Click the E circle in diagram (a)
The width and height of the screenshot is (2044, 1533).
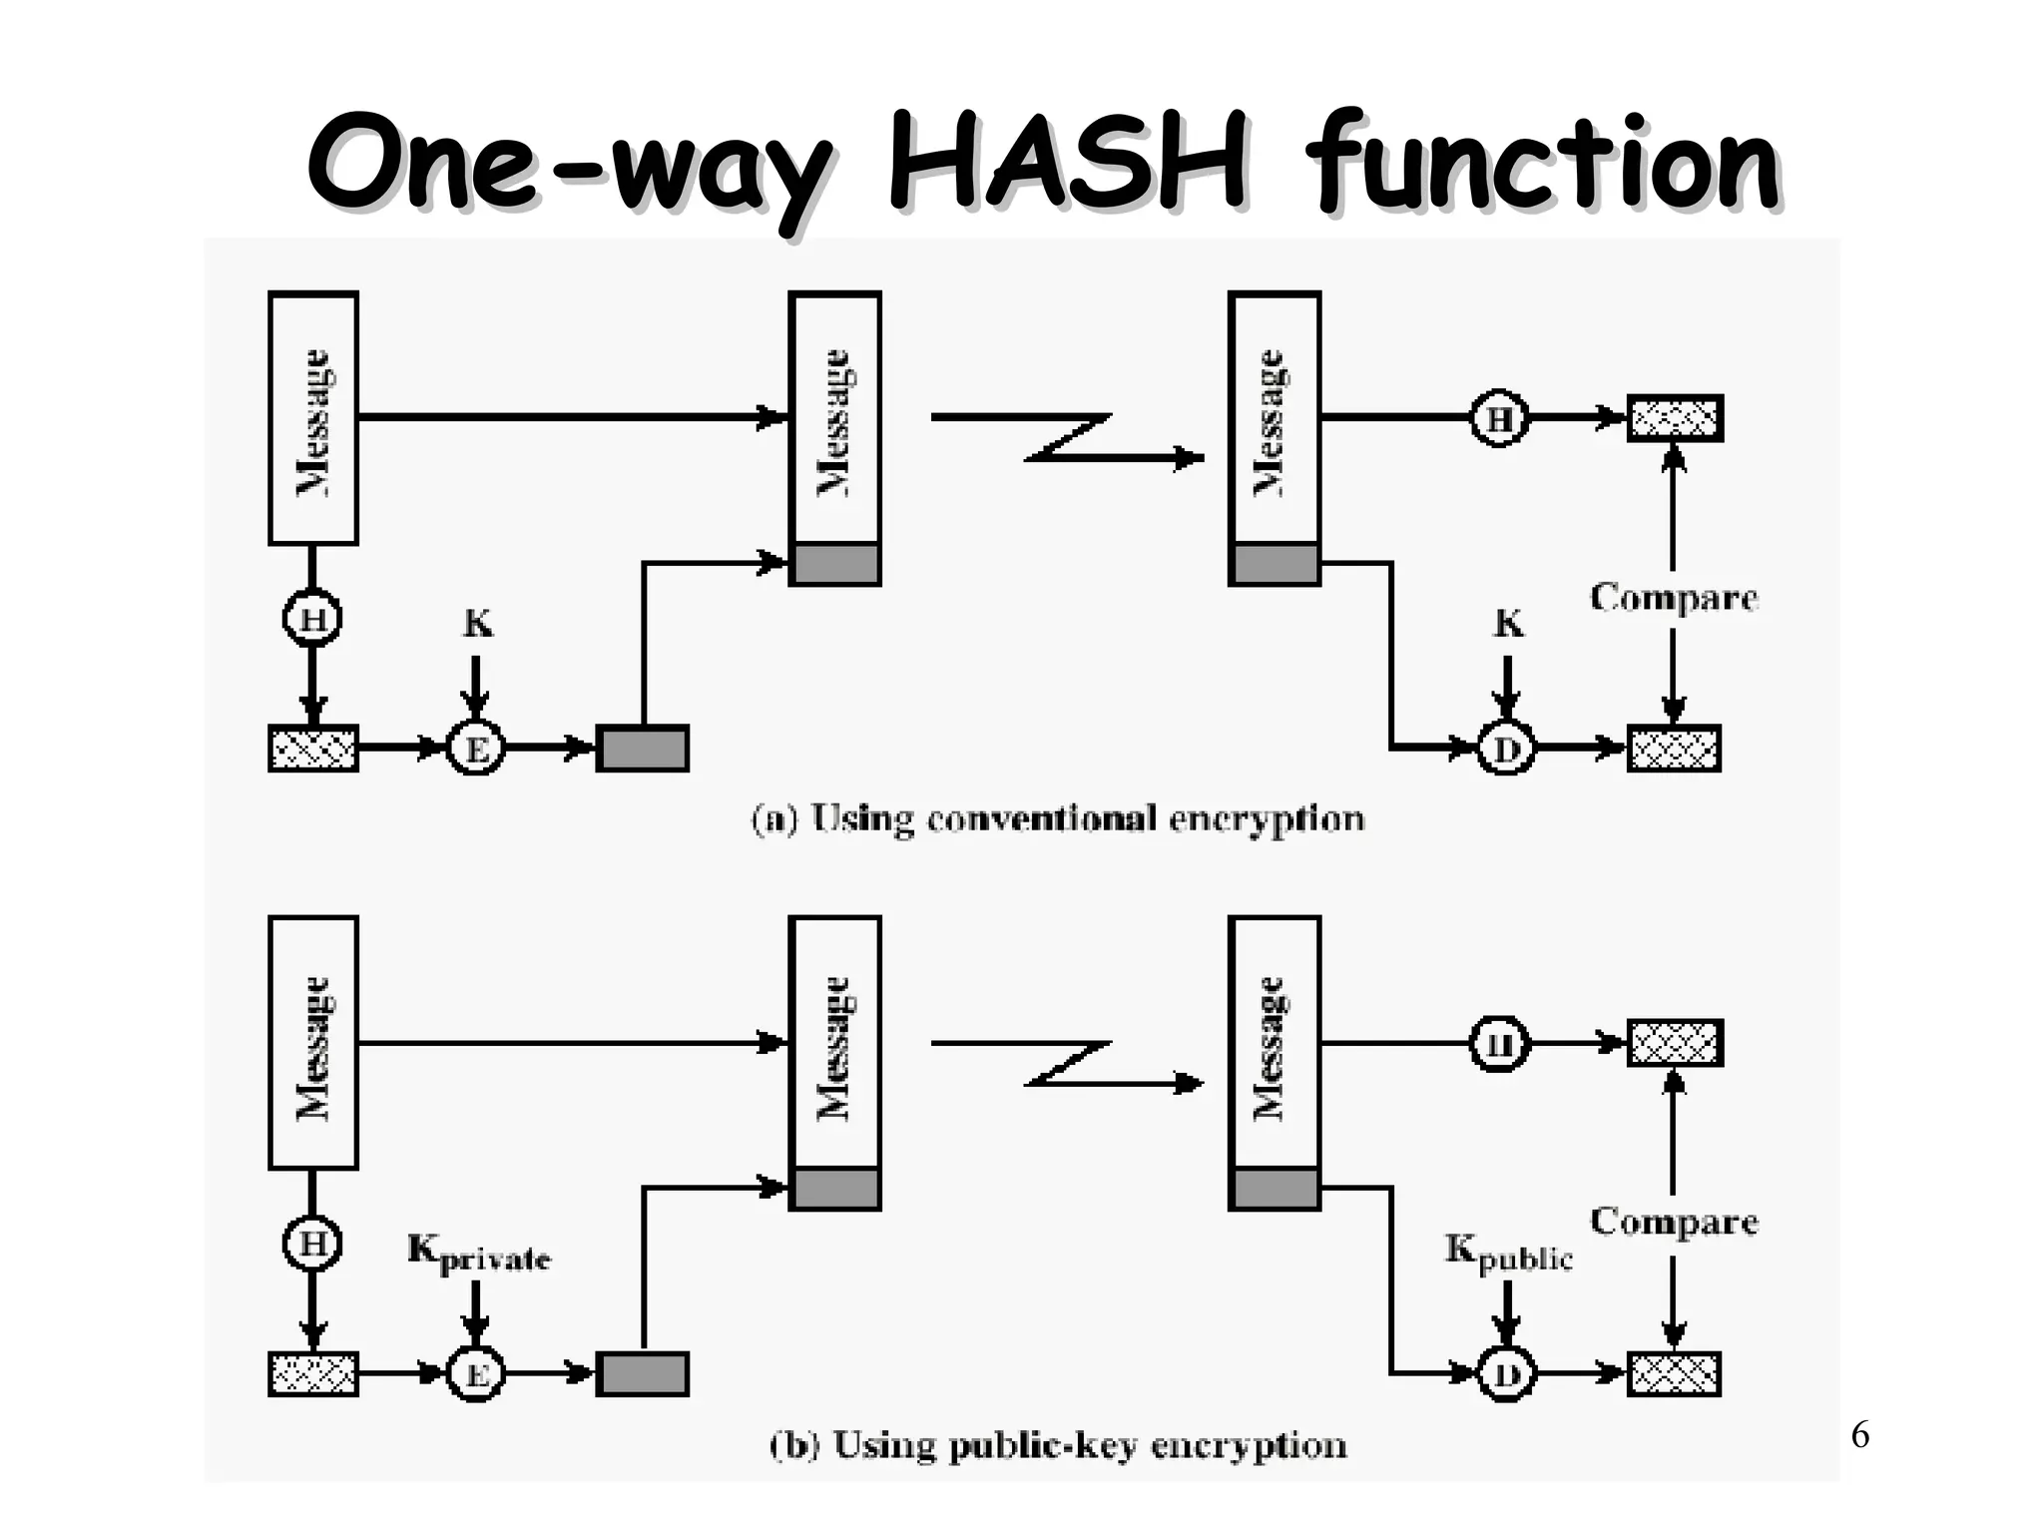[x=476, y=749]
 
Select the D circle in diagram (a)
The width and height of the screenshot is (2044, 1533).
[x=1505, y=749]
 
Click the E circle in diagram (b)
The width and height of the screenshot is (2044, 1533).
[x=476, y=1374]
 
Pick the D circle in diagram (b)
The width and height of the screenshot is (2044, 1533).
[x=1505, y=1374]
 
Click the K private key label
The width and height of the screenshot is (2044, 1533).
[x=478, y=1254]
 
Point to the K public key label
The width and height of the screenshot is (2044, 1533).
[x=1508, y=1254]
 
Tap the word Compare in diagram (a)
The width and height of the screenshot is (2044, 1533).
[x=1673, y=598]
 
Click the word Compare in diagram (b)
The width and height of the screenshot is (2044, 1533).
[x=1673, y=1222]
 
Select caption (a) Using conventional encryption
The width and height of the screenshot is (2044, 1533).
[x=1057, y=819]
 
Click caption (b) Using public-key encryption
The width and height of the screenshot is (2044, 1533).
[x=1057, y=1445]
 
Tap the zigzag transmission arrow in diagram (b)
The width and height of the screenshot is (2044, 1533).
[x=1068, y=1063]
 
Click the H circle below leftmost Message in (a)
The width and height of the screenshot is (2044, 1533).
[x=312, y=620]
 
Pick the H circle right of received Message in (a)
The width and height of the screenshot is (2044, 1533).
[x=1499, y=418]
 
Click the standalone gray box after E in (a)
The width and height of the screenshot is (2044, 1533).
[x=642, y=749]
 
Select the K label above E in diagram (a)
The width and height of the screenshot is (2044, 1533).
[x=477, y=625]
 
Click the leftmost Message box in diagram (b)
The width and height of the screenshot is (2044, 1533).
[x=313, y=1043]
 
